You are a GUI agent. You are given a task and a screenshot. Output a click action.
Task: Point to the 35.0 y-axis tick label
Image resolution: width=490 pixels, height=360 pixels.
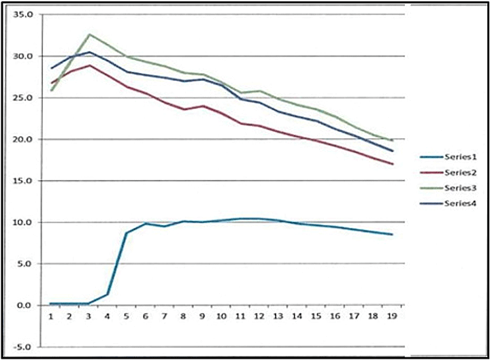(23, 14)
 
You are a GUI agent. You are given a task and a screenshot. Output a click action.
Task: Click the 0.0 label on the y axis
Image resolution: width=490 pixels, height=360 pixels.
(25, 306)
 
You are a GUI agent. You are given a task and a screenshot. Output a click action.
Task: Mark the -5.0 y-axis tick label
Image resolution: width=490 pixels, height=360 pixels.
(24, 347)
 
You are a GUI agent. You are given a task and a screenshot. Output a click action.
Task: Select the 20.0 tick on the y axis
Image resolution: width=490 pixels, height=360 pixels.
(23, 140)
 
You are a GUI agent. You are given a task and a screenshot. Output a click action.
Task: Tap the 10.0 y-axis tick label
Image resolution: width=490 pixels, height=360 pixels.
(23, 223)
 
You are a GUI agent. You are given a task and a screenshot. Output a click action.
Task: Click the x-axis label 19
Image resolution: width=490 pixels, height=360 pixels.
(391, 316)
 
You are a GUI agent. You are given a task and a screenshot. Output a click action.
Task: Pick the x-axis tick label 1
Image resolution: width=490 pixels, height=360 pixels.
(51, 316)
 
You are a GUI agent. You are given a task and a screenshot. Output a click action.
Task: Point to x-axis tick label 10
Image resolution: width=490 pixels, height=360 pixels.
(221, 316)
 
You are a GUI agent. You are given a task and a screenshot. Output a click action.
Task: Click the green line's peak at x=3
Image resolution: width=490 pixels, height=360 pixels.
(89, 34)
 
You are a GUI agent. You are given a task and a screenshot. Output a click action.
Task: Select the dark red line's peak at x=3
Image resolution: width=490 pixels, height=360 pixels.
(89, 65)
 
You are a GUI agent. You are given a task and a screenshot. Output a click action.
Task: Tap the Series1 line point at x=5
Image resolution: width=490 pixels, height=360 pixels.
(127, 233)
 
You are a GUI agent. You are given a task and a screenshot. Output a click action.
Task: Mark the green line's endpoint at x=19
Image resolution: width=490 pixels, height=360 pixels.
(392, 140)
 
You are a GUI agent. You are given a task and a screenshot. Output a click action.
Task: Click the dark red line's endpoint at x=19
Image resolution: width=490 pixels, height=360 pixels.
(392, 164)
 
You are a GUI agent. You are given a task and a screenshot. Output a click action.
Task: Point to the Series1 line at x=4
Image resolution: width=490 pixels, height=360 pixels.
(108, 294)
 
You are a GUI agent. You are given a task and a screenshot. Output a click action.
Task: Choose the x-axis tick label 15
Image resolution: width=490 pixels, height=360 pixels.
(316, 316)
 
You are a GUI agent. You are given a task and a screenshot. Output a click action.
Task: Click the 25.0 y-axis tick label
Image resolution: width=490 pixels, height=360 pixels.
(23, 98)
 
